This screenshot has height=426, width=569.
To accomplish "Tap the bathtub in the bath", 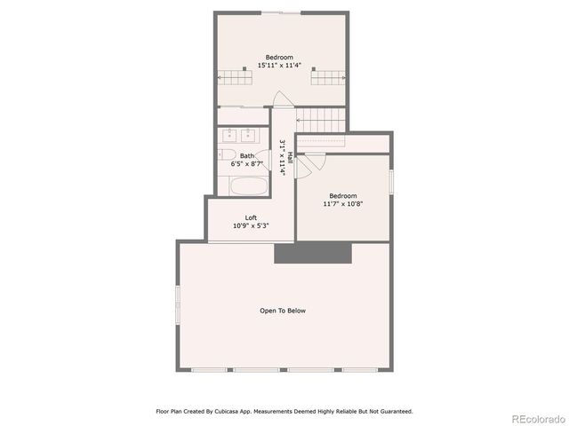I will (x=249, y=185).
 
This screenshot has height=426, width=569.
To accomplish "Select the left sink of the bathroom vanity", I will (x=231, y=136).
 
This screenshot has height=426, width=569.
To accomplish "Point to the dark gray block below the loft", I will (x=314, y=253).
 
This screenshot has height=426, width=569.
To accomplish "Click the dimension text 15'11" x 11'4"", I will (x=280, y=66).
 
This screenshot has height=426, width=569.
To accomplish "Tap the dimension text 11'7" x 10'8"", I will (x=343, y=204).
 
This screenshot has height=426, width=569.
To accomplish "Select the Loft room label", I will (x=252, y=217).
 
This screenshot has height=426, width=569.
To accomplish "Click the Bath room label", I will (x=245, y=156).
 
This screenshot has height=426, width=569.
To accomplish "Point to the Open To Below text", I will (x=283, y=311).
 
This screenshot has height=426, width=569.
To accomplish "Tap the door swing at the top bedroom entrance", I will (x=281, y=99).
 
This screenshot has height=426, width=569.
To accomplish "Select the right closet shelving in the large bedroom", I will (x=326, y=77).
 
